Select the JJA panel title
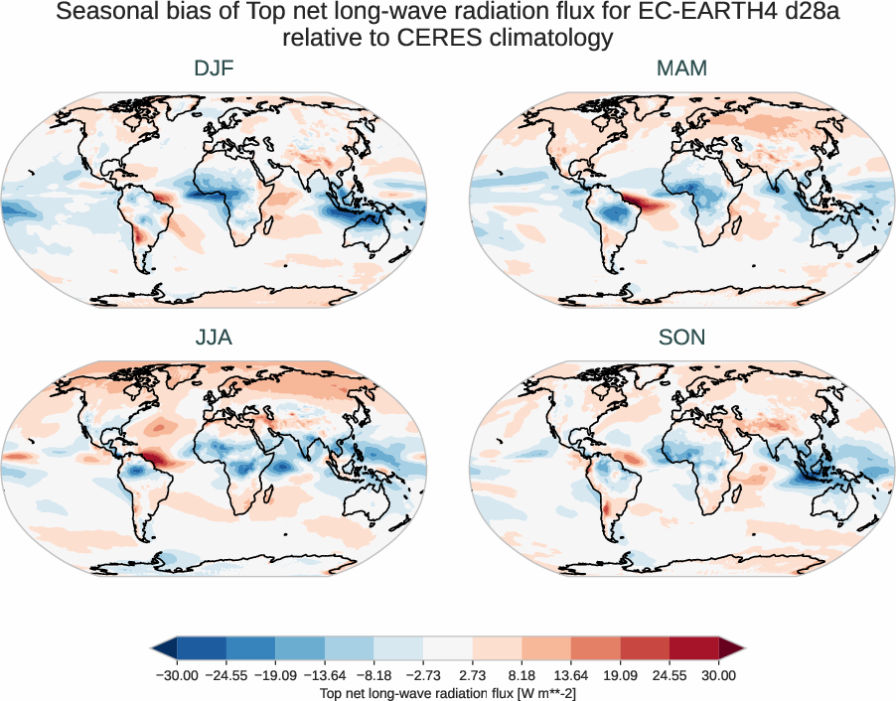tap(214, 338)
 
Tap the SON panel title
tap(681, 338)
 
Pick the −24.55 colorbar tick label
tap(227, 675)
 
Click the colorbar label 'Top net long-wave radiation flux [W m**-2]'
tap(448, 692)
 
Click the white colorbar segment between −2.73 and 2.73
tap(448, 648)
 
